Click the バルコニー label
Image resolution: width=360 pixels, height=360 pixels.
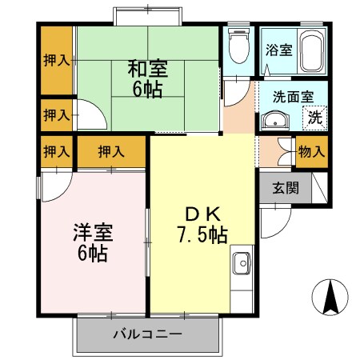click(x=147, y=333)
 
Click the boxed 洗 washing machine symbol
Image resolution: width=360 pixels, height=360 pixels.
click(x=315, y=117)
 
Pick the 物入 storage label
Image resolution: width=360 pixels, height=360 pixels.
click(x=311, y=151)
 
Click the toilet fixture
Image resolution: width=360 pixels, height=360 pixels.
click(x=237, y=48)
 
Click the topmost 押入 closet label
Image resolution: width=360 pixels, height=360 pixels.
click(x=55, y=59)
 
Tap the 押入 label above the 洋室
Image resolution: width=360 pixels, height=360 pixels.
click(x=111, y=150)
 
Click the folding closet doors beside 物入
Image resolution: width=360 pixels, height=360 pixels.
click(x=282, y=152)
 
